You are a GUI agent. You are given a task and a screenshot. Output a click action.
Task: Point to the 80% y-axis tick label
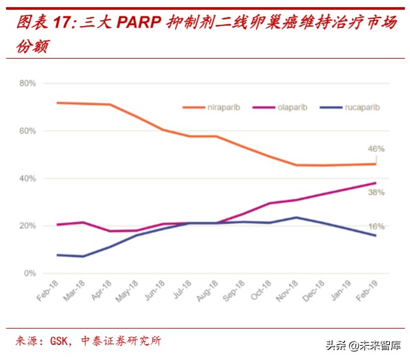(27, 83)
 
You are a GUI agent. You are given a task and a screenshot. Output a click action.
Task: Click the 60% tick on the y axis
(27, 131)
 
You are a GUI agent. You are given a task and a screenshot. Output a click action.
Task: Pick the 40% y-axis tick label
(27, 179)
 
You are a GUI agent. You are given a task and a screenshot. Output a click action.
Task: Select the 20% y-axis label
(27, 226)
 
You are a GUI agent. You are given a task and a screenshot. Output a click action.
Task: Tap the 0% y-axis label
(29, 273)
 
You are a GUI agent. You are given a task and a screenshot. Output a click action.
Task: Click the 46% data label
(376, 149)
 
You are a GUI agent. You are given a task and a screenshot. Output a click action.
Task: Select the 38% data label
(376, 193)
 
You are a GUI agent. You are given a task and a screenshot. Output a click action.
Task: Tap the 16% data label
(376, 226)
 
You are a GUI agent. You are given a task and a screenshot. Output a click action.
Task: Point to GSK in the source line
(59, 341)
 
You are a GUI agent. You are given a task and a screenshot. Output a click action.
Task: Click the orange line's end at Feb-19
(375, 164)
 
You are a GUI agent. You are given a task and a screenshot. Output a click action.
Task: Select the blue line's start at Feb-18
(57, 255)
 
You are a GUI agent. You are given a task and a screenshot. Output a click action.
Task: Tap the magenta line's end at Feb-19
(375, 183)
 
